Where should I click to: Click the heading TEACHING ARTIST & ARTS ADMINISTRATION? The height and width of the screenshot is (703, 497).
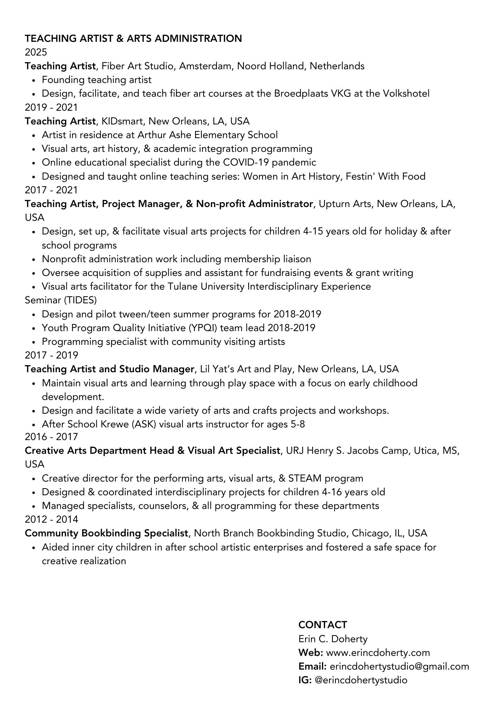click(133, 38)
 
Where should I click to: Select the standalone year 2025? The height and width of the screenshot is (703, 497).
click(35, 52)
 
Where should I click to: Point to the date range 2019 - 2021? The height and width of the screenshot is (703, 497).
click(51, 107)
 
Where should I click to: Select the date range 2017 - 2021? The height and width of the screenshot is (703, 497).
click(51, 190)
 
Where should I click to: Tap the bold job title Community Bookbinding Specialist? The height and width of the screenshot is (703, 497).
click(106, 533)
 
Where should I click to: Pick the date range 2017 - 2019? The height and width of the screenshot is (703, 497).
click(51, 355)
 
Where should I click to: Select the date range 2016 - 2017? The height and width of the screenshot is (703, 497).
click(51, 437)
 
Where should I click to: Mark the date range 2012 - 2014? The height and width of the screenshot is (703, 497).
click(51, 519)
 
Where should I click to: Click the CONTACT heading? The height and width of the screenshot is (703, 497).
click(323, 625)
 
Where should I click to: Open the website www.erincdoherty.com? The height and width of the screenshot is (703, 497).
click(378, 653)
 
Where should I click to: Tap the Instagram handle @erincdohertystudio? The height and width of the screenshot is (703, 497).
click(361, 680)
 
